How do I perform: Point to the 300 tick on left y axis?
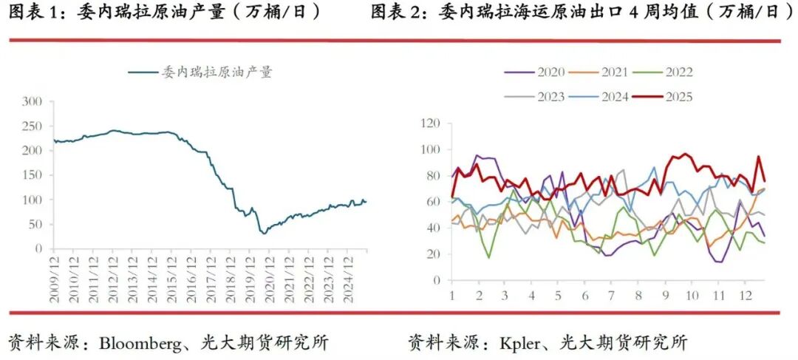point(33,101)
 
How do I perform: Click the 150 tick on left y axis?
point(33,175)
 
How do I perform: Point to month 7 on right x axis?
point(610,294)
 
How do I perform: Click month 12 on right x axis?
point(743,294)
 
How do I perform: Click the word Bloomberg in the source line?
point(138,343)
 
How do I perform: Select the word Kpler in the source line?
point(522,343)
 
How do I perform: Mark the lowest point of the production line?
point(264,233)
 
